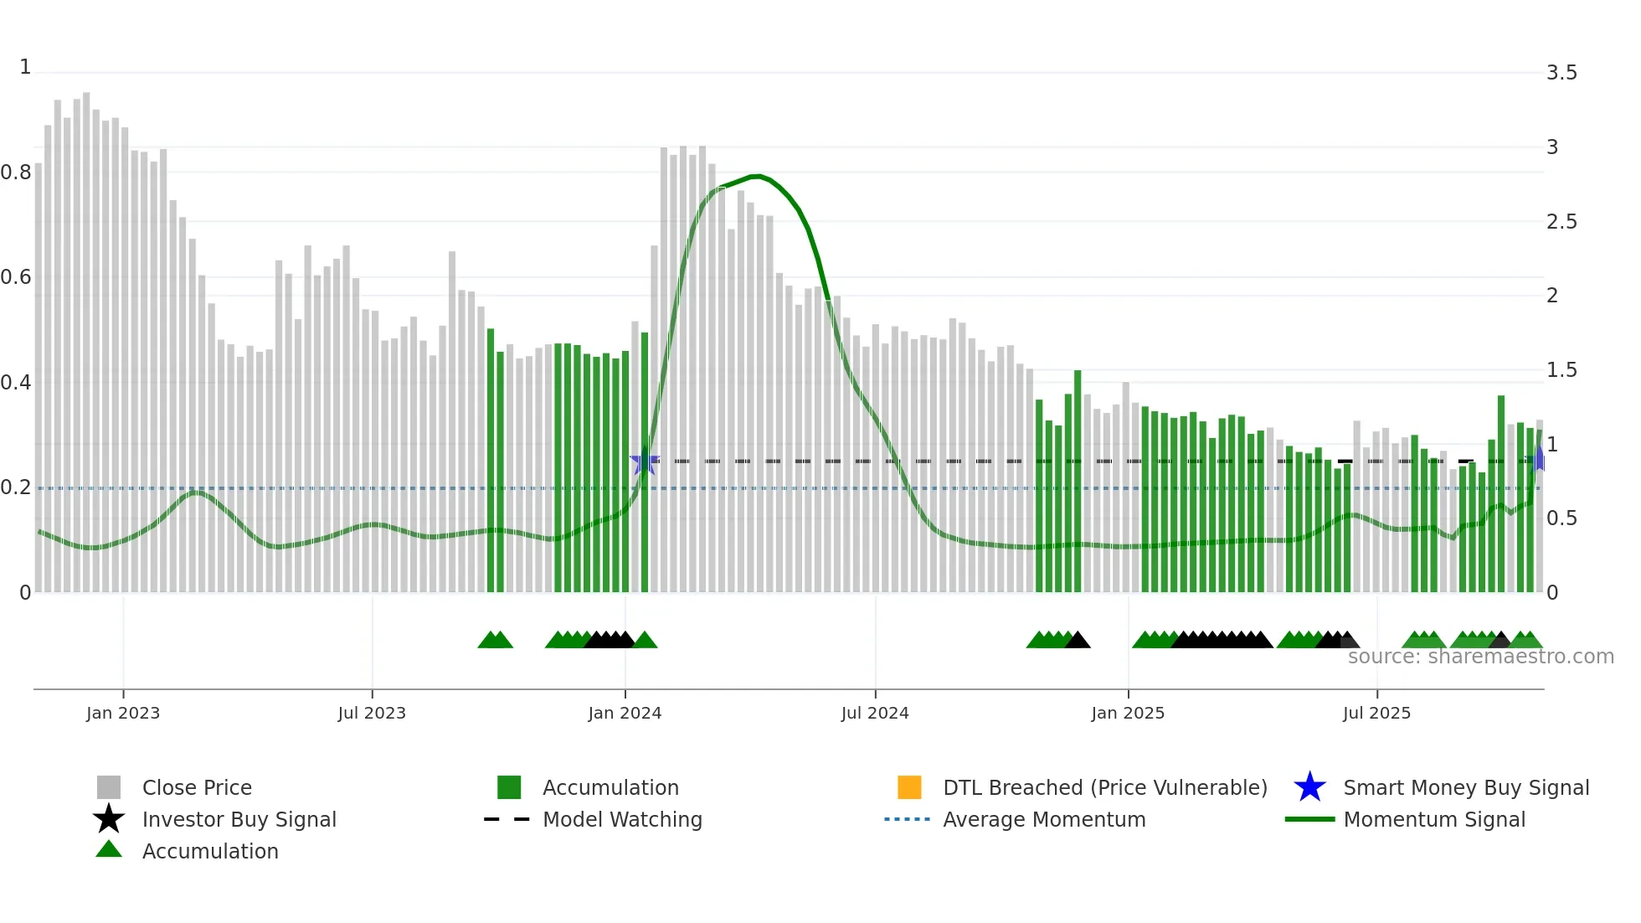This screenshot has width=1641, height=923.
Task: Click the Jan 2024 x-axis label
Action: pos(625,713)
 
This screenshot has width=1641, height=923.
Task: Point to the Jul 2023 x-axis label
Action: pos(372,713)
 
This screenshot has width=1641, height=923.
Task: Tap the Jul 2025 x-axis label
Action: pos(1376,713)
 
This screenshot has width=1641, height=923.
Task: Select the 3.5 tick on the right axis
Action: pos(1561,73)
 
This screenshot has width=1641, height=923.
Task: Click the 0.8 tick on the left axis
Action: pos(16,173)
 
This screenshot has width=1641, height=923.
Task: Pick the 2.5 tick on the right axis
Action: pos(1561,222)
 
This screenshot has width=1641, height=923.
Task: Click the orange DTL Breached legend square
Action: pos(909,787)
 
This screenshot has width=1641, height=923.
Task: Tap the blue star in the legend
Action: pos(1309,787)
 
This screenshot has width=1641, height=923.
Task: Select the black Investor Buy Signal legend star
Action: pos(109,819)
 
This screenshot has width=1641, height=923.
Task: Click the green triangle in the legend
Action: pos(109,849)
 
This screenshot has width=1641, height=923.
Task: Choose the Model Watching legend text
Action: pos(622,819)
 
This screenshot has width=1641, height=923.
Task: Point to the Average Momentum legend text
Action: pos(1044,819)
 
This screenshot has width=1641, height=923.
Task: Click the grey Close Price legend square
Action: pos(109,787)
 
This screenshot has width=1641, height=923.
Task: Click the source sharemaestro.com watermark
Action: pos(1480,657)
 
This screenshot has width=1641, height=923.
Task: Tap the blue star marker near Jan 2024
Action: pos(644,461)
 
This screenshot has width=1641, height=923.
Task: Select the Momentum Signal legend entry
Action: pos(1433,819)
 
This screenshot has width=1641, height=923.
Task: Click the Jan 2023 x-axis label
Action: pos(123,713)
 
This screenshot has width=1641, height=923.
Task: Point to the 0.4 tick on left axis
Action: pos(16,383)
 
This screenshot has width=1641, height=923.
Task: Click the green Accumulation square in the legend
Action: pos(509,787)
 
